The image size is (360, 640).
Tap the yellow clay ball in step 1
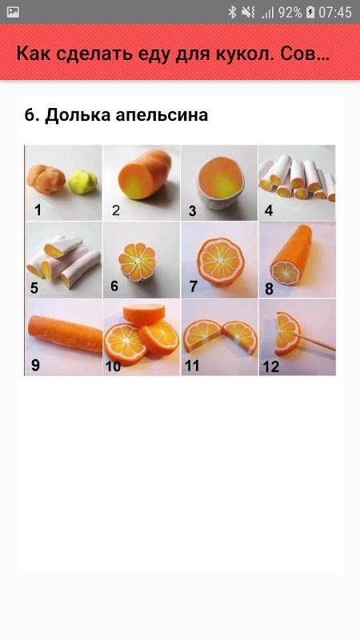[x=83, y=182]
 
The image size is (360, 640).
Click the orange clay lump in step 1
[x=46, y=178]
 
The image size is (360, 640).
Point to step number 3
[x=192, y=211]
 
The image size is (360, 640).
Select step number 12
[x=270, y=366]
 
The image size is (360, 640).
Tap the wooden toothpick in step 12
[x=317, y=342]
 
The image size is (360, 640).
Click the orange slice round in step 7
[x=221, y=261]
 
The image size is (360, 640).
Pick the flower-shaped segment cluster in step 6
[x=137, y=261]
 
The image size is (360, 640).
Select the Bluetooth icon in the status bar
[x=232, y=12]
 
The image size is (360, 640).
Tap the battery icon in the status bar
[x=310, y=12]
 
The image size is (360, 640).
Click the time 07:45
[x=335, y=12]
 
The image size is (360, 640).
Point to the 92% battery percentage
[x=290, y=12]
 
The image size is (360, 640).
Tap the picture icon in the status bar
[x=13, y=12]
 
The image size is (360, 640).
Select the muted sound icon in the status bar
[x=248, y=12]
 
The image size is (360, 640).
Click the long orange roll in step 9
[x=65, y=333]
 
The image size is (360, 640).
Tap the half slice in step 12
[x=287, y=333]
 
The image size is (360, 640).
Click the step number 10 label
[x=113, y=366]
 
